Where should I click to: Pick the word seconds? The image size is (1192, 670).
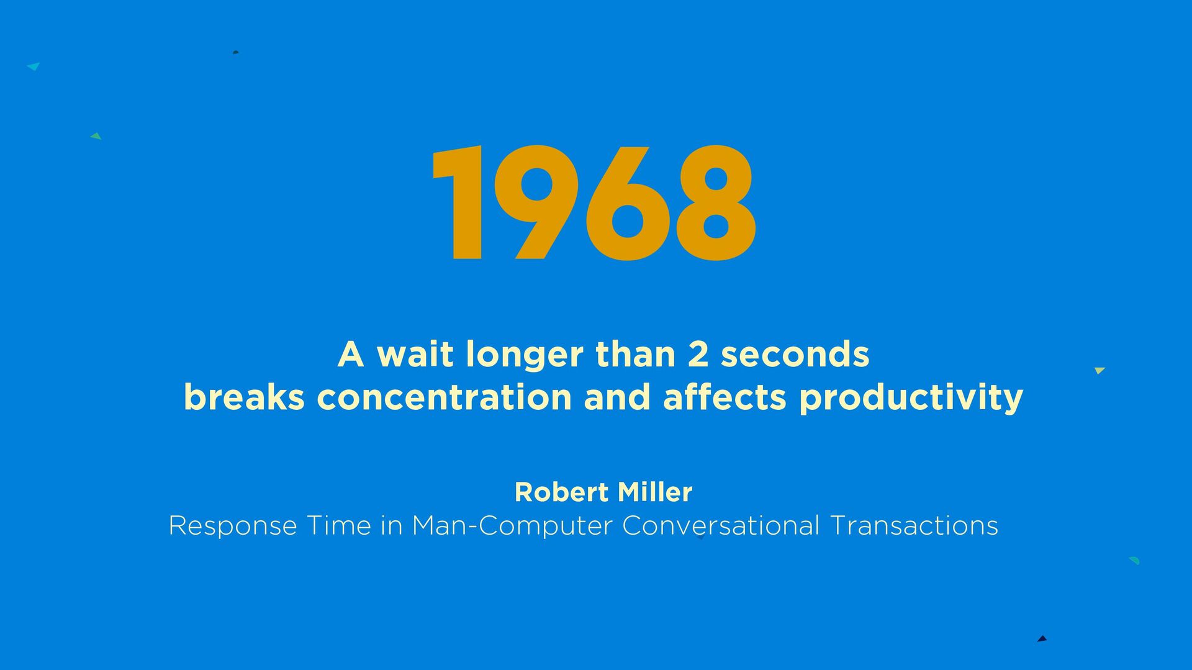point(795,354)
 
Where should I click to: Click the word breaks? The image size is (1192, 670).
point(244,396)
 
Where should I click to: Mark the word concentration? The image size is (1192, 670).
point(444,397)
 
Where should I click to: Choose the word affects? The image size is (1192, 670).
point(725,396)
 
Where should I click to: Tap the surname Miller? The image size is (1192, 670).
point(655,492)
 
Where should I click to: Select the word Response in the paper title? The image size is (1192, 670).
point(233,527)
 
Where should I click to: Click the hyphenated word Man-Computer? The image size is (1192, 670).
point(512,527)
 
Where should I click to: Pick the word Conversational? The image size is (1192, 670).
point(721,525)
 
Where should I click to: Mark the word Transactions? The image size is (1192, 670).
point(914,525)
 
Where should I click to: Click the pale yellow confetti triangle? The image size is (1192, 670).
point(1099,371)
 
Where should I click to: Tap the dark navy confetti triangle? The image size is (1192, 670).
point(1042,638)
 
